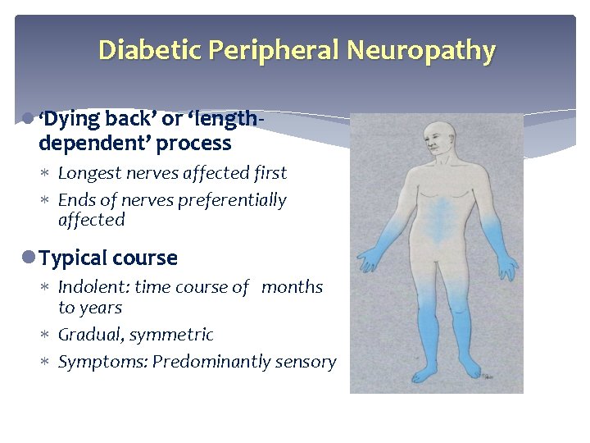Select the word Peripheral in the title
click(274, 51)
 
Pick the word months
click(293, 287)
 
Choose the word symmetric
click(175, 335)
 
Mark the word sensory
click(306, 362)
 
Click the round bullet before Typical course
click(30, 258)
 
